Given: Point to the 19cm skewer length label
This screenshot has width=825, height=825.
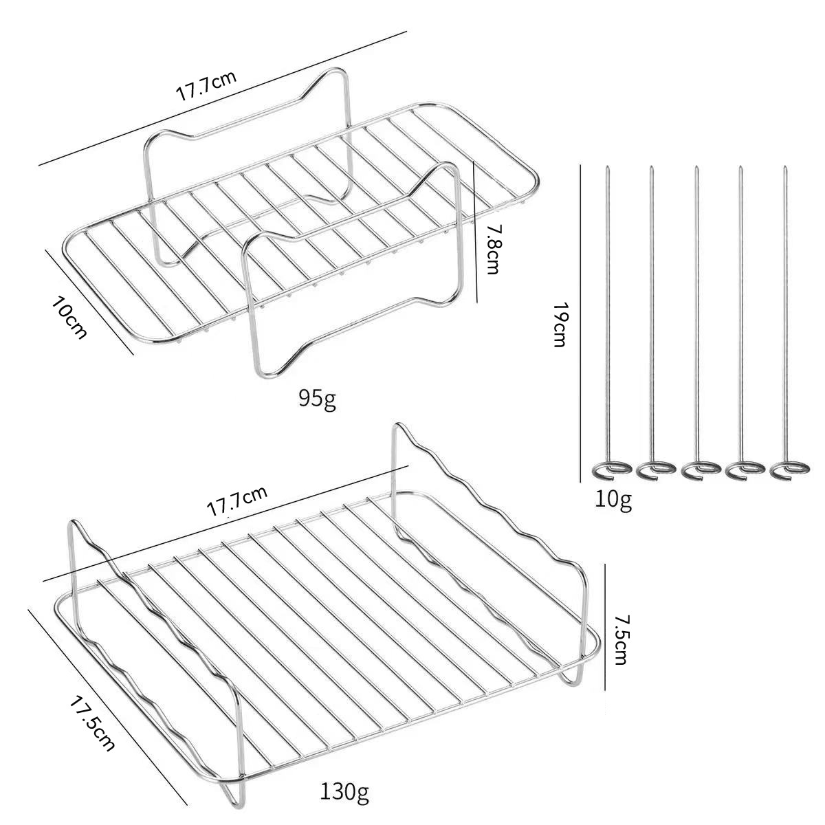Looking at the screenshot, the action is click(x=560, y=325).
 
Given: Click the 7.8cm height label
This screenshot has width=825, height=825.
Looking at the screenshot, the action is click(x=492, y=249).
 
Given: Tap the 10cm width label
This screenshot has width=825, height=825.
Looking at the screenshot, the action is click(x=69, y=317).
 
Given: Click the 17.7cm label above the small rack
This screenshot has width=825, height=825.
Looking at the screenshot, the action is click(x=206, y=86).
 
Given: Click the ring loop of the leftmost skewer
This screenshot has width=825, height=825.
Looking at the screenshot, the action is click(x=611, y=470).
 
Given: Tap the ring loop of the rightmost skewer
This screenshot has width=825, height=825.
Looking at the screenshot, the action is click(x=790, y=470).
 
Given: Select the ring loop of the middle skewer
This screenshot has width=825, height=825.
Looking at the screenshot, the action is click(x=701, y=470).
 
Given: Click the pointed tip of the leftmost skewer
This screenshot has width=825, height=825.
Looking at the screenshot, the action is click(x=607, y=167).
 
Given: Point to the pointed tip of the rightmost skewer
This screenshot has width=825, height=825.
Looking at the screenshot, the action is click(x=785, y=167).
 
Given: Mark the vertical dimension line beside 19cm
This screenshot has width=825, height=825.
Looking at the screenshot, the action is click(x=580, y=324).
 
